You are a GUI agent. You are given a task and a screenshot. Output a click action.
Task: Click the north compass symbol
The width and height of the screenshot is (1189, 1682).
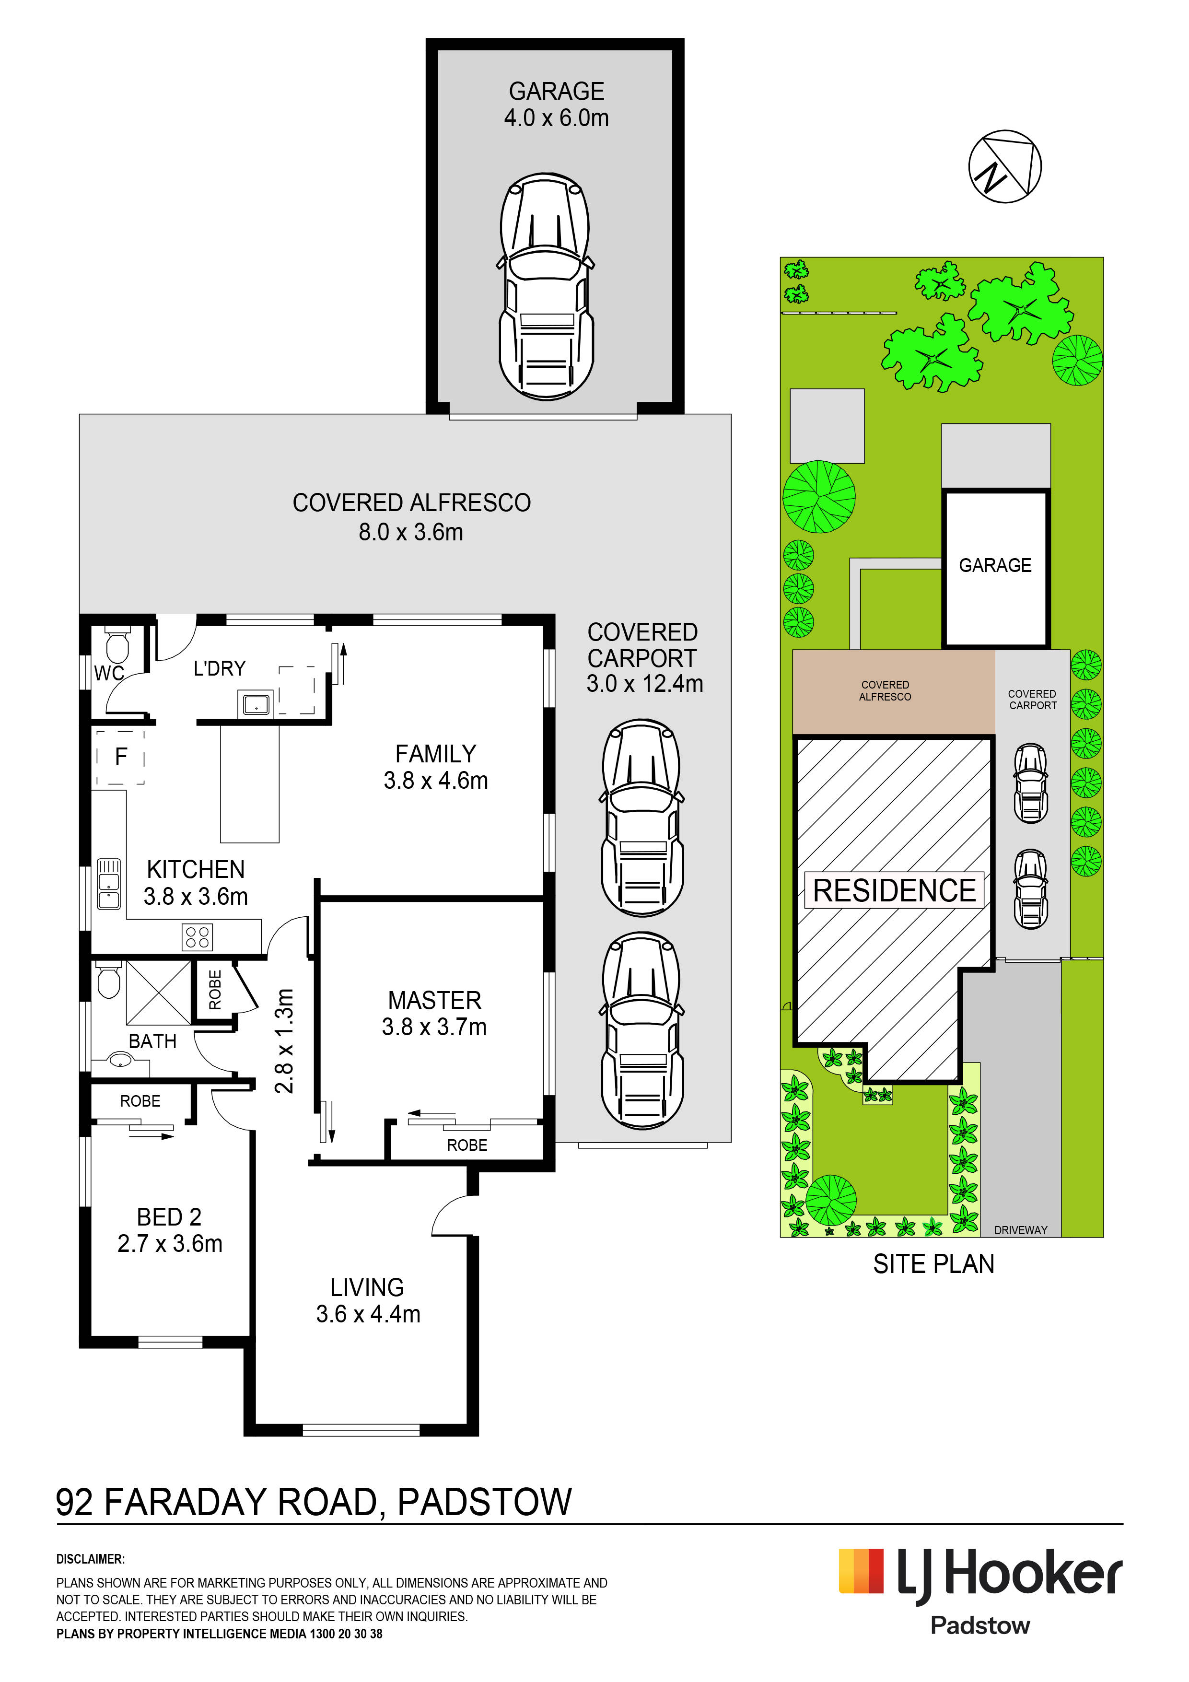pos(1004,166)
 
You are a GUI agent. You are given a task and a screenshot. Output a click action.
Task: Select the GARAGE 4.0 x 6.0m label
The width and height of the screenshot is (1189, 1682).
pos(556,104)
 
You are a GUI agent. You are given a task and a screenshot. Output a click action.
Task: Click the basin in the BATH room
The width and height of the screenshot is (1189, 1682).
pos(119,1059)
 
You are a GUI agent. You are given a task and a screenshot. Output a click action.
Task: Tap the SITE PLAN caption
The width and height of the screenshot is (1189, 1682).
pos(933,1264)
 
